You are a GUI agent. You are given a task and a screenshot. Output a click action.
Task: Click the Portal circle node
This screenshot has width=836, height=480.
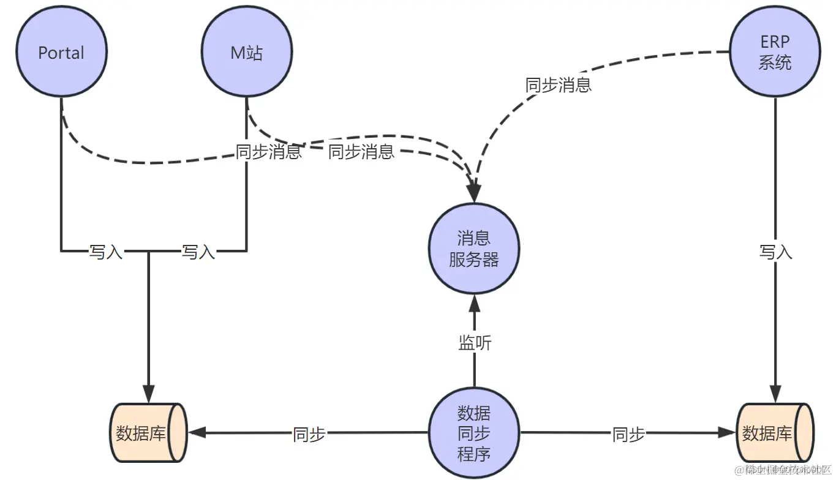[x=61, y=53]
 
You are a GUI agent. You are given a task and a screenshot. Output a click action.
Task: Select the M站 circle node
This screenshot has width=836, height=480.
[x=247, y=53]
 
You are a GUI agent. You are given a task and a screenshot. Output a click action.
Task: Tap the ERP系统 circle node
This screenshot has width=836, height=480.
[x=775, y=53]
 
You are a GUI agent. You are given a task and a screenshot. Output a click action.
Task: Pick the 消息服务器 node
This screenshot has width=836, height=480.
[x=474, y=249]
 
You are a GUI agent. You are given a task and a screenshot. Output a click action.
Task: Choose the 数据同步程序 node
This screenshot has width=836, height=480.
[x=474, y=433]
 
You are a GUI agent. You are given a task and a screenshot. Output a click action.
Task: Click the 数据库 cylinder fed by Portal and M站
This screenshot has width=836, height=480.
[x=148, y=433]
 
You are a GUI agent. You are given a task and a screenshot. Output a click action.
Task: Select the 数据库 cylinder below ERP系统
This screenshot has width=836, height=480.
[x=775, y=433]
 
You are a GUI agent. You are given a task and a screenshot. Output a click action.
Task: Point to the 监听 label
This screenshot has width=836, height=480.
[x=475, y=343]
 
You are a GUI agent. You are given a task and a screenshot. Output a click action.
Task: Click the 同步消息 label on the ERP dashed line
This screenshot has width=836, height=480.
[x=558, y=85]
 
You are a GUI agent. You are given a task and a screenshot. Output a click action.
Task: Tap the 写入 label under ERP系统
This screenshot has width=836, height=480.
[x=775, y=252]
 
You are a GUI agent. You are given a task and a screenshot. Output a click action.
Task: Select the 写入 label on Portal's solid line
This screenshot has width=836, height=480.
[x=106, y=252]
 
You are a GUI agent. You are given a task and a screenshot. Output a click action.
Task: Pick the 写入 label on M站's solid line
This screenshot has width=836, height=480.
[x=198, y=252]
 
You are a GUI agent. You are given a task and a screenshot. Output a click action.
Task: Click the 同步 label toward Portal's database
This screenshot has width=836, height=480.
[x=309, y=434]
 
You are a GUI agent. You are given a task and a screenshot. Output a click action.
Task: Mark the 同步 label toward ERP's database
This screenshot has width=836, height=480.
[x=628, y=434]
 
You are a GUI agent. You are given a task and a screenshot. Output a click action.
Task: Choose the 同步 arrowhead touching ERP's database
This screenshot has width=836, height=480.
[x=727, y=433]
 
